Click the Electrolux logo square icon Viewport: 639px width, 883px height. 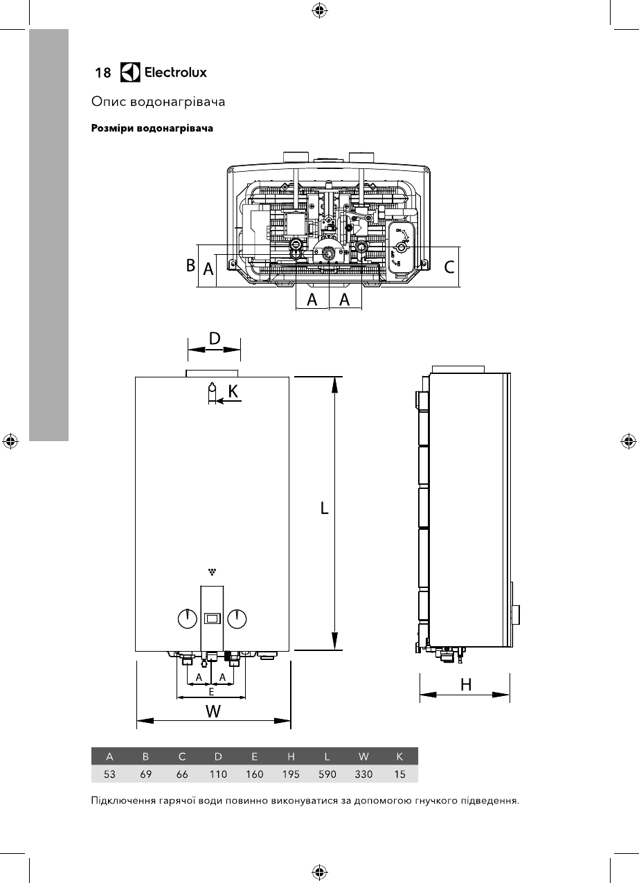[130, 72]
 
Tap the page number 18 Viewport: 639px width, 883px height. [103, 73]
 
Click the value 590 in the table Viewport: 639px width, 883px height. [327, 774]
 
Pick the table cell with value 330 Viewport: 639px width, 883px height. [363, 774]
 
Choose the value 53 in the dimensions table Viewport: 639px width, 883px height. [109, 774]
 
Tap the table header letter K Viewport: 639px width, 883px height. [399, 756]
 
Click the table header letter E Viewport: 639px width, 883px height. [255, 756]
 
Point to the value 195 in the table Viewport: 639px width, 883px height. [291, 774]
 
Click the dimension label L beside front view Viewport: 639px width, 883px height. [324, 508]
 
